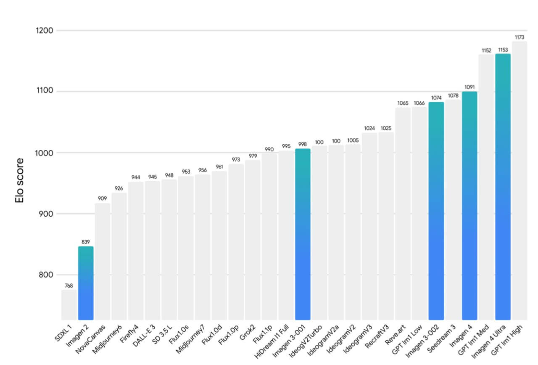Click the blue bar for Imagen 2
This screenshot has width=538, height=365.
86,283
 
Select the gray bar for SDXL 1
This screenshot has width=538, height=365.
69,304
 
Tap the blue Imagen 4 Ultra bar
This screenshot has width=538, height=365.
503,187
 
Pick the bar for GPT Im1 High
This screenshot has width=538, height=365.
520,181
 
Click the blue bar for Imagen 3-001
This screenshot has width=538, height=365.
303,234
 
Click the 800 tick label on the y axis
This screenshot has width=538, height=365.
44,275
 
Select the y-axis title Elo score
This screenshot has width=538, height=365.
19,181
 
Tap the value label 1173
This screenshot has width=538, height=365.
520,37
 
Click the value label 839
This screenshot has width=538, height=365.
86,242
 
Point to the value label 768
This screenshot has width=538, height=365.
69,286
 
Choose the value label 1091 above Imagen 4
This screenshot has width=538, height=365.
469,87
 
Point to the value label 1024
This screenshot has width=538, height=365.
369,128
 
